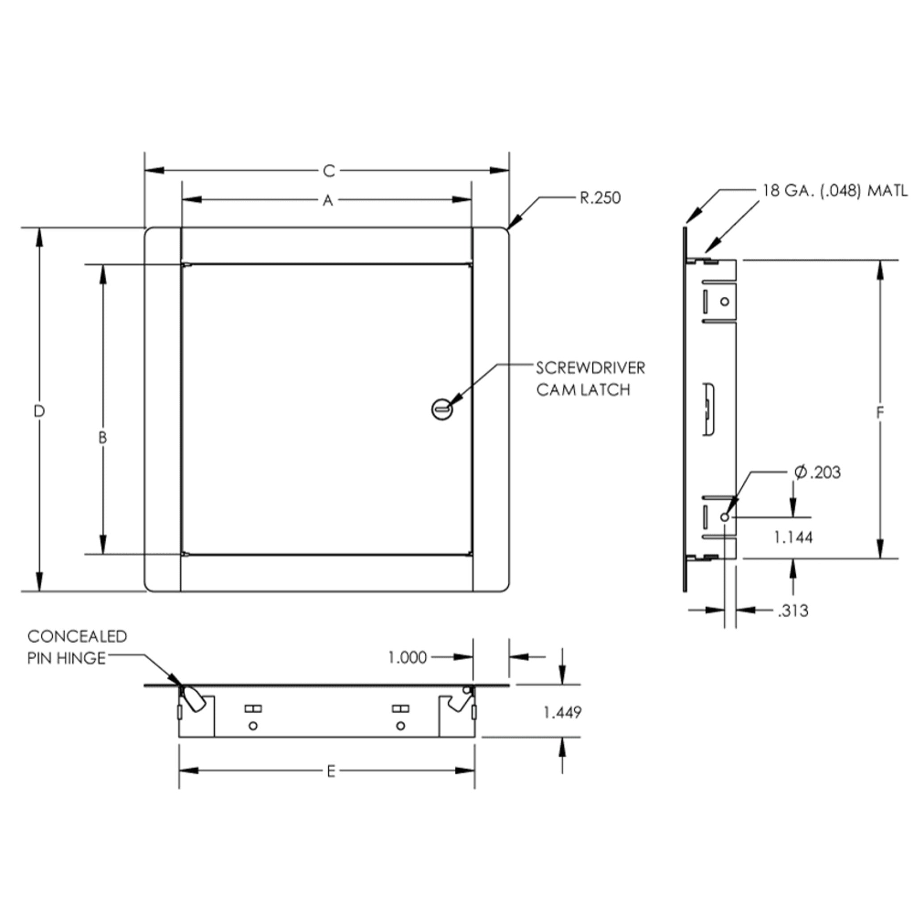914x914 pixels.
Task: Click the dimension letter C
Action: coord(329,171)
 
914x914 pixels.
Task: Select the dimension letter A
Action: coord(328,200)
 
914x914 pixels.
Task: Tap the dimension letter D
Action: coord(39,411)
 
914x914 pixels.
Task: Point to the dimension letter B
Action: coord(103,438)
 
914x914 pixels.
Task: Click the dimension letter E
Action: coord(331,772)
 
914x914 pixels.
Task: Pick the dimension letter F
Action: coord(880,413)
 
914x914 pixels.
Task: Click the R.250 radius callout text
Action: coord(600,198)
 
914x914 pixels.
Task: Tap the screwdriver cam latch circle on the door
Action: coord(442,409)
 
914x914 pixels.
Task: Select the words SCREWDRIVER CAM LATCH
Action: coord(590,379)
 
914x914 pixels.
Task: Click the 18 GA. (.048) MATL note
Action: coord(835,191)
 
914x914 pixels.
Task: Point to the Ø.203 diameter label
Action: coord(818,472)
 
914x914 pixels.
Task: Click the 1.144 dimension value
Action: coord(794,537)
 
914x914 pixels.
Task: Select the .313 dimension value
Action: coord(794,611)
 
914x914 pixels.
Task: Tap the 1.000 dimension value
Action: coord(407,657)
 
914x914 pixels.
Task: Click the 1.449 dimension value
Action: coord(562,712)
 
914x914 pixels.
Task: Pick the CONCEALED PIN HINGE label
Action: coord(77,647)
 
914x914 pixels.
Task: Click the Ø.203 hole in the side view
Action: coord(725,517)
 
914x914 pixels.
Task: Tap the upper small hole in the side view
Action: coord(725,301)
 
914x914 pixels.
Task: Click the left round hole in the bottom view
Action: coord(253,726)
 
